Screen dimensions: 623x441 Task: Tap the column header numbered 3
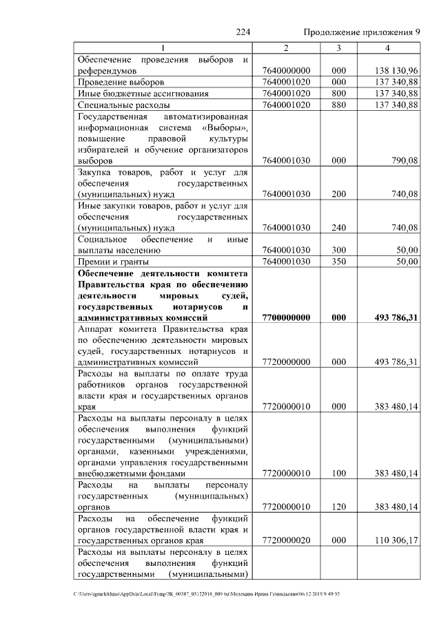(338, 47)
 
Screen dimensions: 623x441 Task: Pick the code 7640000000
(287, 70)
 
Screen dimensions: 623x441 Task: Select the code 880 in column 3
(338, 105)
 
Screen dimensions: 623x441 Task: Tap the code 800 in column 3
(338, 93)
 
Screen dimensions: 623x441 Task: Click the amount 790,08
(404, 160)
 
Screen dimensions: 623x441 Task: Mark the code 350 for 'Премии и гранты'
(338, 262)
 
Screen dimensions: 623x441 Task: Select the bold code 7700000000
(287, 317)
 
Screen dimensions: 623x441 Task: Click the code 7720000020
(287, 540)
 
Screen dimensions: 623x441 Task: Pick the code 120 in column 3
(338, 507)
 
